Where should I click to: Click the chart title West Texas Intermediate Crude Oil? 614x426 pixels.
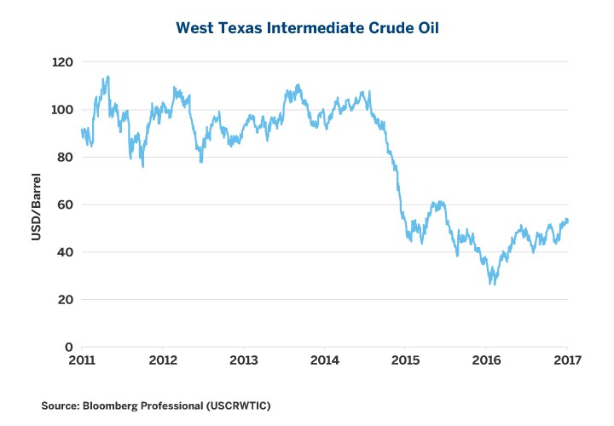(x=306, y=28)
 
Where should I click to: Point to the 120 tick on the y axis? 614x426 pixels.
(x=61, y=62)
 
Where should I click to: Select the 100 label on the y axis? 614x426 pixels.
(x=61, y=110)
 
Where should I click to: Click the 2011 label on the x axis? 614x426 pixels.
(x=81, y=360)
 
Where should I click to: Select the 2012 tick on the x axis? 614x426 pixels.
(x=162, y=360)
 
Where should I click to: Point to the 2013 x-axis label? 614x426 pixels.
(x=244, y=360)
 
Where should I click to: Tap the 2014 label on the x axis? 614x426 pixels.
(x=325, y=360)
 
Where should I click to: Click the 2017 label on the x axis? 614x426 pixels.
(x=568, y=360)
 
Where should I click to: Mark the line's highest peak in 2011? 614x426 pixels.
(x=107, y=77)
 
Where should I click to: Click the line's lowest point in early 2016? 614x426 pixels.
(x=492, y=284)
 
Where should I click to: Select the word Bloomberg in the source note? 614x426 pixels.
(x=111, y=407)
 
